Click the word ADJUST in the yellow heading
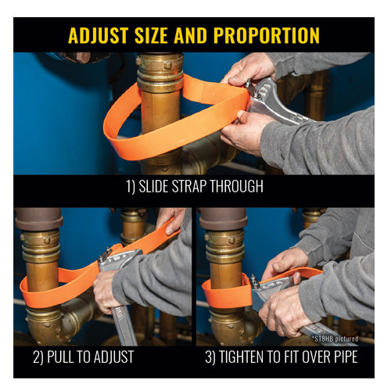(x=99, y=35)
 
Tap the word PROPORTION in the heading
(x=267, y=35)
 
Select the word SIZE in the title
(x=151, y=35)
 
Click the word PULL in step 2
(x=62, y=357)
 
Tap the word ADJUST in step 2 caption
(x=113, y=357)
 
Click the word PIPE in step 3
(x=345, y=357)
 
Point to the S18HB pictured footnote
(x=335, y=339)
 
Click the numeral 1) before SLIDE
(x=131, y=187)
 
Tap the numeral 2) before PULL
(x=38, y=357)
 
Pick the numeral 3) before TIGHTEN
(x=210, y=357)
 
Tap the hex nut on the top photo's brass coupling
(x=167, y=64)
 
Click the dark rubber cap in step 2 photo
(x=39, y=219)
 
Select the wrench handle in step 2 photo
(x=124, y=326)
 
